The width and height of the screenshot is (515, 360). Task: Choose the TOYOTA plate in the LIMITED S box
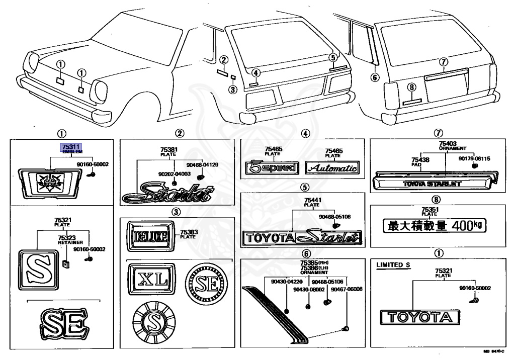(x=419, y=317)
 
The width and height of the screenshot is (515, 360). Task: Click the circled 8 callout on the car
(x=411, y=87)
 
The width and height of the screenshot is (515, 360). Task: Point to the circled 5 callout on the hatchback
(x=332, y=57)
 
